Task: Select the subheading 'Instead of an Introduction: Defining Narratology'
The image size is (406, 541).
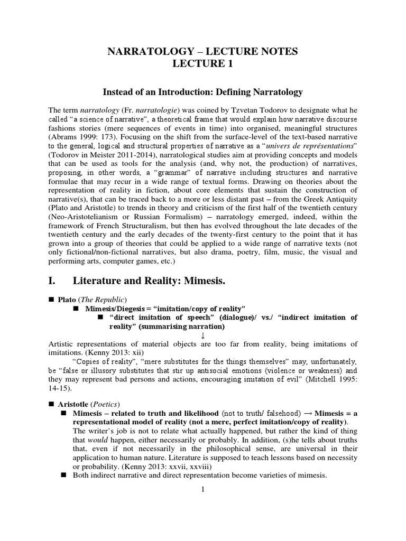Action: coord(202,92)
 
